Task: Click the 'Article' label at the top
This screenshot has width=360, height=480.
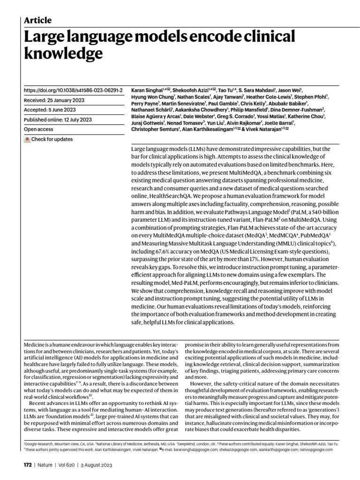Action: pyautogui.click(x=37, y=20)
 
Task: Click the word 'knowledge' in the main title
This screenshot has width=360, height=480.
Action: pyautogui.click(x=63, y=54)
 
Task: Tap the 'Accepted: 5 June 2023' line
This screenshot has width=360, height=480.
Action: pyautogui.click(x=50, y=110)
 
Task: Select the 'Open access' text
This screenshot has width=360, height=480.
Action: pyautogui.click(x=38, y=129)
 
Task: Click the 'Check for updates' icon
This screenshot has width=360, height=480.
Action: pyautogui.click(x=27, y=139)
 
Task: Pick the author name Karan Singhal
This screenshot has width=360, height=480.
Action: pyautogui.click(x=146, y=90)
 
